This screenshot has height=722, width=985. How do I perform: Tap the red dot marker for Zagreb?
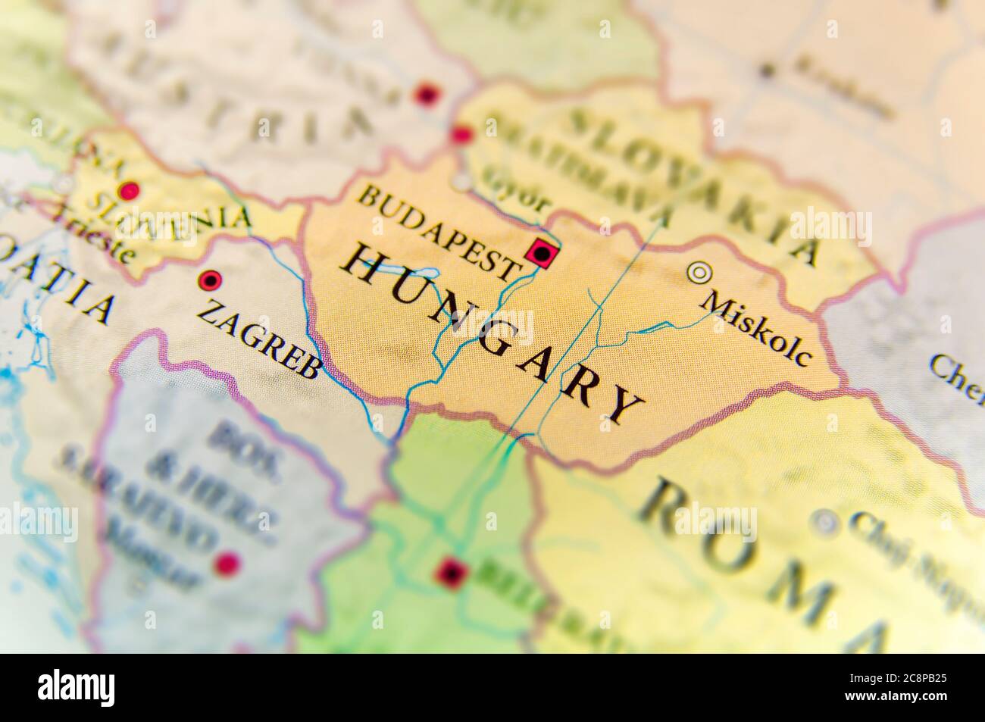207,281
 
